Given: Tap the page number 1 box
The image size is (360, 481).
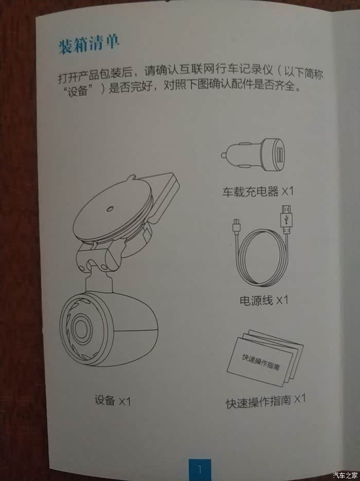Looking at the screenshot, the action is (x=200, y=469).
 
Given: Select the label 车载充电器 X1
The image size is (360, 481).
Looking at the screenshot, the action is (x=258, y=192).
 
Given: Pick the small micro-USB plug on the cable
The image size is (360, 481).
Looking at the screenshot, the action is (x=237, y=226).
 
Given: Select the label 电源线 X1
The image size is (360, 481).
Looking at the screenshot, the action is (x=264, y=300).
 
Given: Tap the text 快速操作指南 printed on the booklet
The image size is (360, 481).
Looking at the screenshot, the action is (x=261, y=362).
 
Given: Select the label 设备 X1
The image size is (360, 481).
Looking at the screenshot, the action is (x=113, y=401).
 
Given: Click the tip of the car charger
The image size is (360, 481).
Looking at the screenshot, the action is (x=222, y=156).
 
